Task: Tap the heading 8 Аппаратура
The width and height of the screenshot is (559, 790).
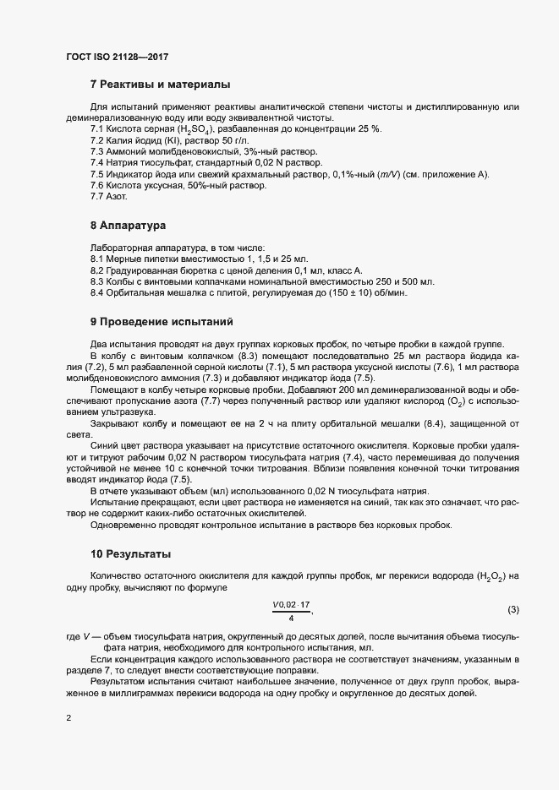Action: tap(131, 226)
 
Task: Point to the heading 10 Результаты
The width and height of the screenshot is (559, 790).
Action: tap(131, 554)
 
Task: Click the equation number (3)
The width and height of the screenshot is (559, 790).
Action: tap(513, 610)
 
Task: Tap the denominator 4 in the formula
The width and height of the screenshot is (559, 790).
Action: tap(291, 618)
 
